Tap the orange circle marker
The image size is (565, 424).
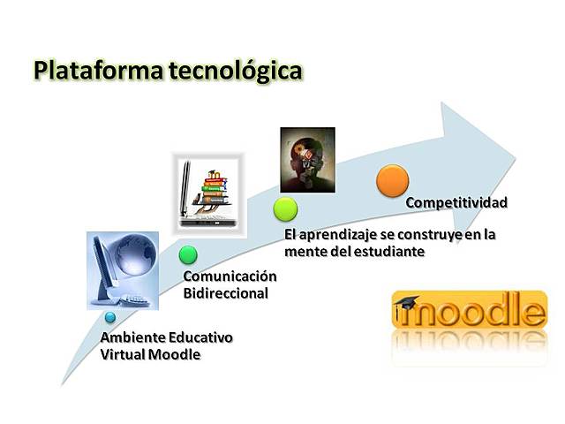coord(392,179)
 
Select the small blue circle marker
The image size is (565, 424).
coord(109,315)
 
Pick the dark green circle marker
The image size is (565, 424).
coord(188,255)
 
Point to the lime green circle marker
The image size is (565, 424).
coord(285,208)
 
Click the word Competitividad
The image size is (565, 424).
coord(456,203)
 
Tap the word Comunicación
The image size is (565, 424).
coord(230,276)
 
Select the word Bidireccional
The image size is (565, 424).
coord(225,293)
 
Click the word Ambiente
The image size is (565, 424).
coord(132,338)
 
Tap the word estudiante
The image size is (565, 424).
coord(392,252)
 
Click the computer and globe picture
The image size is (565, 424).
coord(123,269)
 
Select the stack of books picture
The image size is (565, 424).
coord(207,187)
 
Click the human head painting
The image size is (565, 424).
coord(307,159)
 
